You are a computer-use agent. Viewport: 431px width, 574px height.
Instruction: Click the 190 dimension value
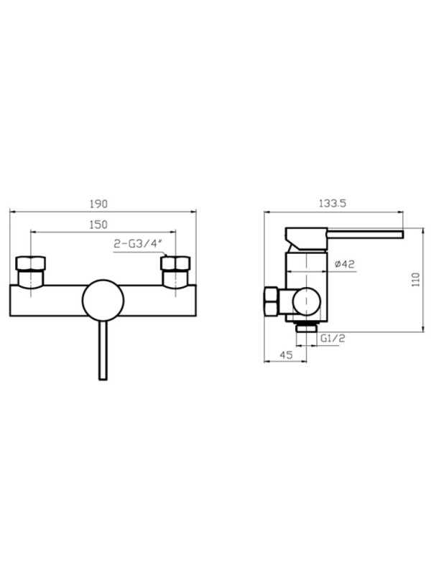point(98,204)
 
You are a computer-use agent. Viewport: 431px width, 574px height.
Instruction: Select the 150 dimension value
point(98,225)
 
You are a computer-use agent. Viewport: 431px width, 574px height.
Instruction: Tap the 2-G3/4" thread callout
point(137,244)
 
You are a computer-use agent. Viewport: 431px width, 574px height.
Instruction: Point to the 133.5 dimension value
point(333,203)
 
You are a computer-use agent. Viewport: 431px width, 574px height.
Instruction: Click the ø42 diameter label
point(345,263)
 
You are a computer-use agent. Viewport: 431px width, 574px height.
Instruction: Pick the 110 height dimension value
point(416,280)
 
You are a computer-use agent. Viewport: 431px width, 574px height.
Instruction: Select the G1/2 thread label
point(333,338)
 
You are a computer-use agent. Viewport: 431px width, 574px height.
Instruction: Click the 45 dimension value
point(286,354)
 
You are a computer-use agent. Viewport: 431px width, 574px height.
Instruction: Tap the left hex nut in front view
point(30,263)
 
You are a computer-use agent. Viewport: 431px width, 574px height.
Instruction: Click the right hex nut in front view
point(175,263)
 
